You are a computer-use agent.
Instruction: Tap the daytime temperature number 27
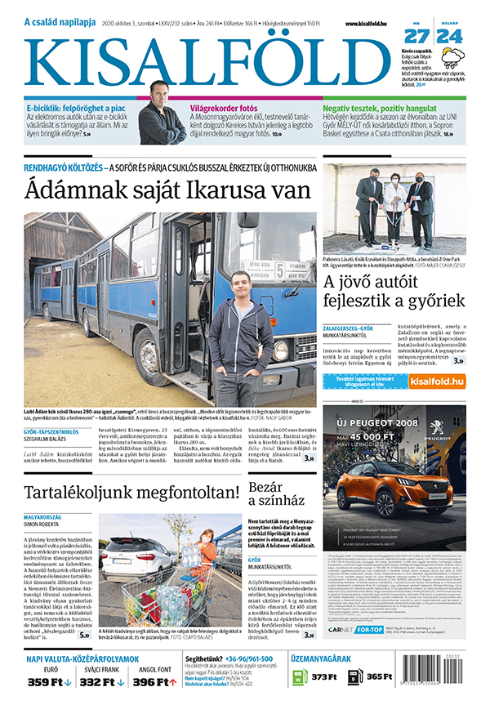416,37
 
